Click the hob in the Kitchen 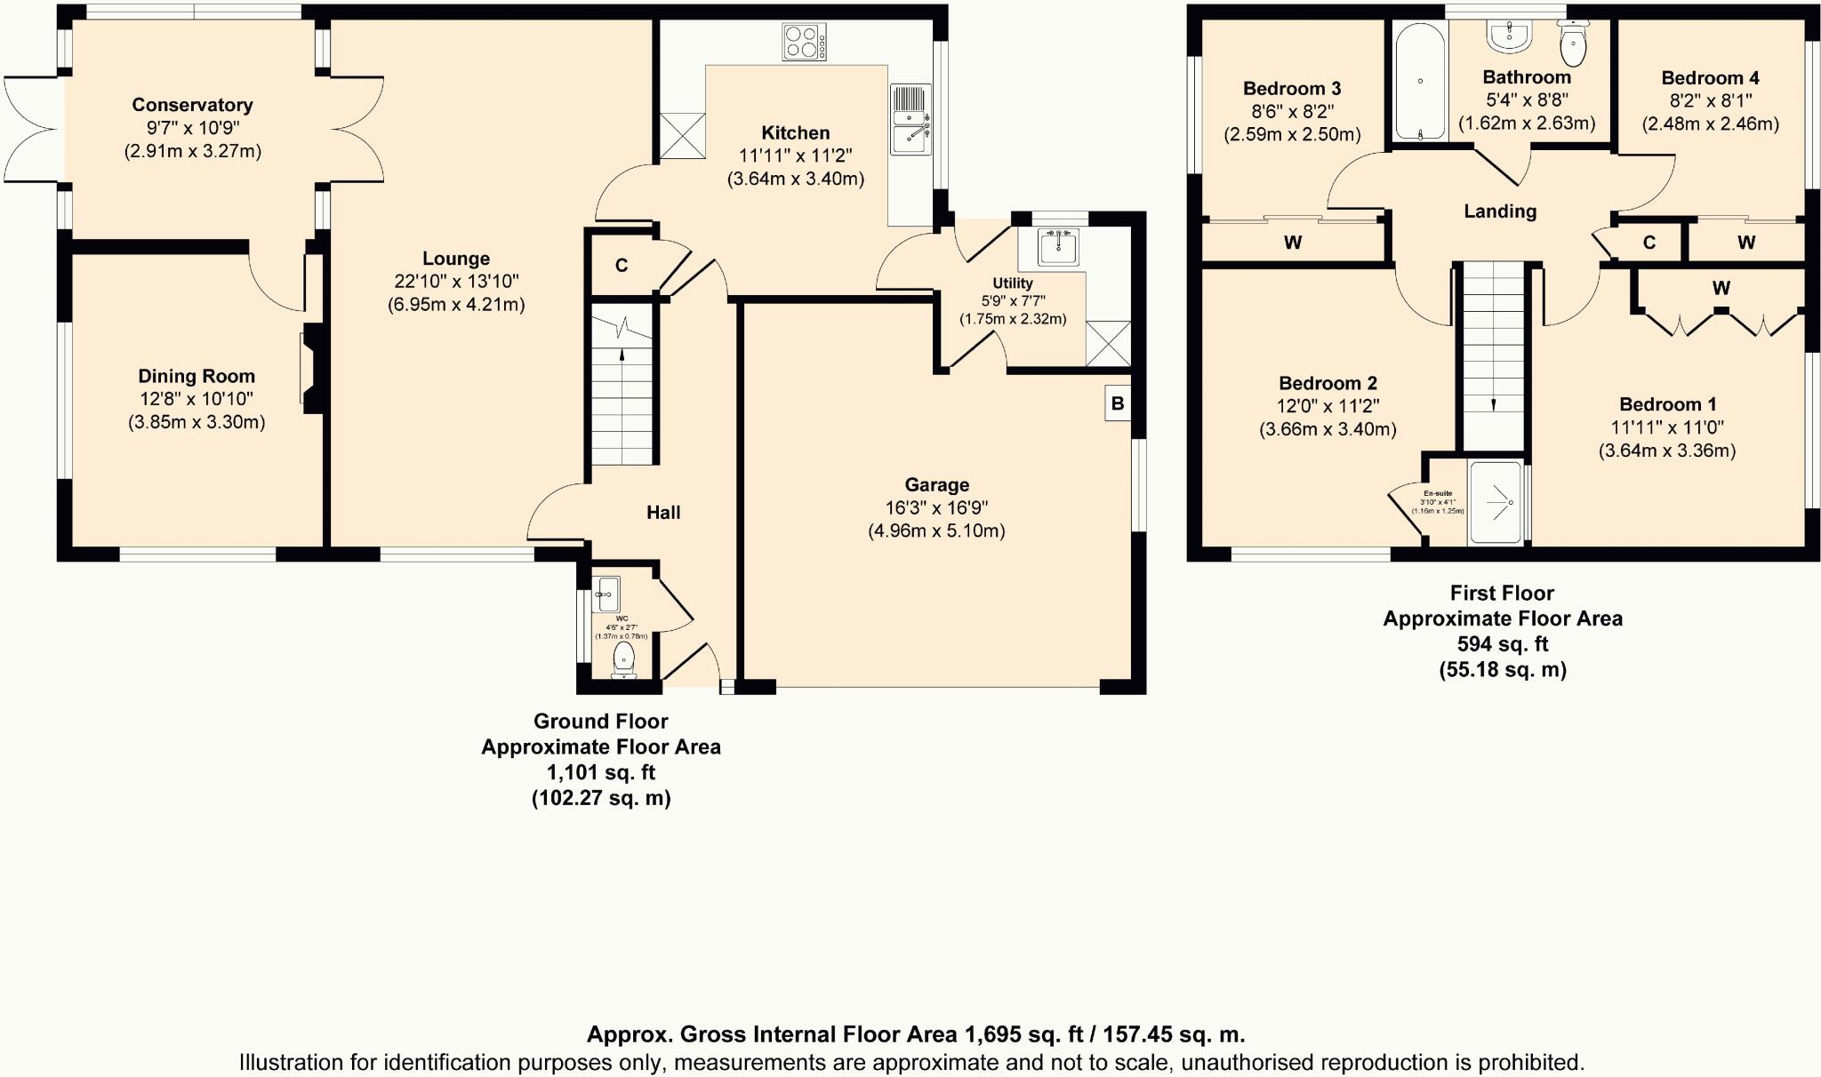coord(804,42)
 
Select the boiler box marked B coord(1118,403)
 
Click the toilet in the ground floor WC coord(624,660)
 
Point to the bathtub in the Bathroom coord(1420,82)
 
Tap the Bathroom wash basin coord(1509,35)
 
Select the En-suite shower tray coord(1497,502)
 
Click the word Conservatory coord(192,105)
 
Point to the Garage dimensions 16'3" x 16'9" coord(936,508)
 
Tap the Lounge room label coord(456,259)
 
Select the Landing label coord(1500,211)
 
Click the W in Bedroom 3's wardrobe coord(1293,243)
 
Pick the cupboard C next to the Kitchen coord(622,266)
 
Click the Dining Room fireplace coord(312,368)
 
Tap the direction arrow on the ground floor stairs coord(622,354)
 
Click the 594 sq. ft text coord(1503,644)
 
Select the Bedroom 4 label coord(1710,78)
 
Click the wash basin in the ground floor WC coord(608,593)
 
